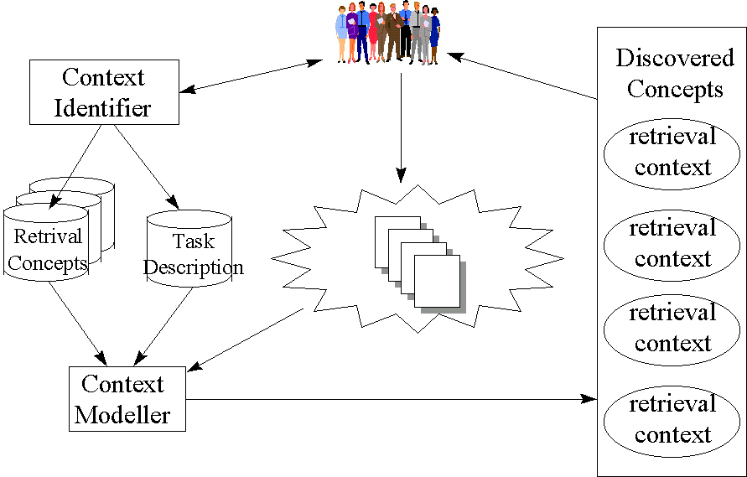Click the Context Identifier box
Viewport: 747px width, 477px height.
(104, 92)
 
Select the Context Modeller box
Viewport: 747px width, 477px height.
(127, 399)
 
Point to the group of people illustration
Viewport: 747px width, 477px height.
(387, 33)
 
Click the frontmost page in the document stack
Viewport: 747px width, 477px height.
(437, 282)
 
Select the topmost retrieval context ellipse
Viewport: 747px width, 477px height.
(672, 152)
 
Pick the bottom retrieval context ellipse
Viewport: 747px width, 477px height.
(672, 420)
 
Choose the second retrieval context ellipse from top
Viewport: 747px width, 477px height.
(672, 243)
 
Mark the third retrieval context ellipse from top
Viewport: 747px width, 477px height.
(672, 328)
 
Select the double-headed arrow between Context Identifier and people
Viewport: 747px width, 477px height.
(251, 75)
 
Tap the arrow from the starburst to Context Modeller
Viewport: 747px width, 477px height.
(247, 339)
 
